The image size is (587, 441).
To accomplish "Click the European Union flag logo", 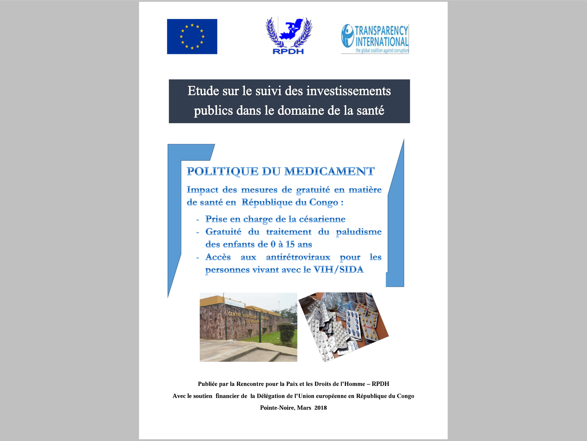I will (x=192, y=36).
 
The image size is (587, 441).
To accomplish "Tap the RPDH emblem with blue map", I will (x=289, y=36).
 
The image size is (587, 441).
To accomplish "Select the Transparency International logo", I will (x=375, y=39).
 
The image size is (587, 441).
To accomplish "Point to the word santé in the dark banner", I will (x=370, y=110).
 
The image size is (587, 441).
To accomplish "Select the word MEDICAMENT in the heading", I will (x=329, y=171).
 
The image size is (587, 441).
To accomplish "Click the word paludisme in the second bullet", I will (x=358, y=232).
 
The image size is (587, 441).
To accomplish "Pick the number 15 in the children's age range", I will (x=290, y=244).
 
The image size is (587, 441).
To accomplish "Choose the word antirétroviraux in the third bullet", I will (x=298, y=257).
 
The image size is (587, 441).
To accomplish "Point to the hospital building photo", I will (x=248, y=327).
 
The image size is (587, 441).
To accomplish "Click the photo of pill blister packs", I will (x=343, y=326).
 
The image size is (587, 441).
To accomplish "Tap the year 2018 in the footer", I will (x=320, y=408).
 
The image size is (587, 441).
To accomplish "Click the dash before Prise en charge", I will (x=198, y=220).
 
